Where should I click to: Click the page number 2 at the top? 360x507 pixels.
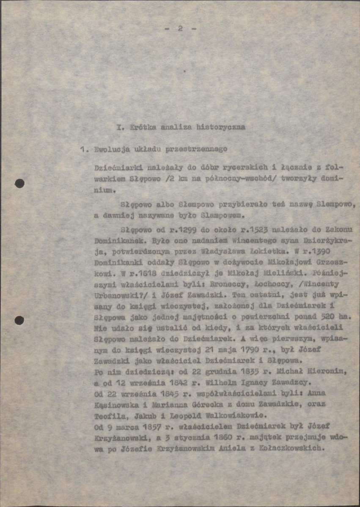pyautogui.click(x=180, y=29)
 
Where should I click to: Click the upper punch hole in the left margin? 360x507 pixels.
pyautogui.click(x=19, y=184)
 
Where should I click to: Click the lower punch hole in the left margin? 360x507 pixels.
pyautogui.click(x=19, y=320)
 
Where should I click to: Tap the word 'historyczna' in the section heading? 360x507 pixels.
pyautogui.click(x=221, y=126)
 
